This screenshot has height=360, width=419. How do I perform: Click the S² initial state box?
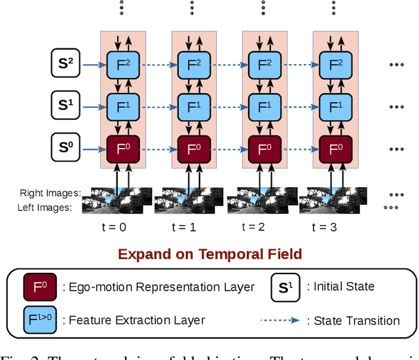coord(65,64)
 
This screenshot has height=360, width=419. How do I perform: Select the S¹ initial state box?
coord(65,105)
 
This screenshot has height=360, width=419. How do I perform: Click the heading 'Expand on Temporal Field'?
coord(209,255)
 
